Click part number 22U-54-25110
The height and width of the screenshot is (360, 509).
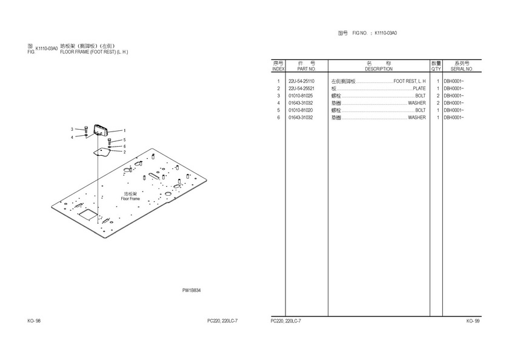pos(301,81)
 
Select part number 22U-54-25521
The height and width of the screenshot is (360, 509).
pos(301,88)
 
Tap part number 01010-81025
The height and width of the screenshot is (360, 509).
pos(301,96)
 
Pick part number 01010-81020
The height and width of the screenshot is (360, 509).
pos(301,110)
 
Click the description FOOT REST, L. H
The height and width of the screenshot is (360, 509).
pos(409,81)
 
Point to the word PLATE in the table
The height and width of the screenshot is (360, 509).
pos(419,88)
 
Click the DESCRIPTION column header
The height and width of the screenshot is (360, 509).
pos(378,69)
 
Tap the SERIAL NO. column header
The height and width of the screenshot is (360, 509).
pos(462,69)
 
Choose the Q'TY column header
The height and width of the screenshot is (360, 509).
pos(436,69)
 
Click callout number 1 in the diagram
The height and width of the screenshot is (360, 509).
pos(125,130)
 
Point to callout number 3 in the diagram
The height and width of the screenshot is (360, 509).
pos(72,129)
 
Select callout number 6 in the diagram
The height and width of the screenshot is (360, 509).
pos(125,146)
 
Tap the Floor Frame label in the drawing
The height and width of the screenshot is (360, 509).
pos(130,199)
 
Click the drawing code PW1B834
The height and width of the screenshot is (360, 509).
pos(191,290)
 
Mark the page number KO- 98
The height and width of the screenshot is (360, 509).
pos(34,321)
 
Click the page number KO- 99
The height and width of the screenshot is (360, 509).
pos(473,321)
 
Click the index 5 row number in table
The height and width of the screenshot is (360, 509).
pos(278,110)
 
